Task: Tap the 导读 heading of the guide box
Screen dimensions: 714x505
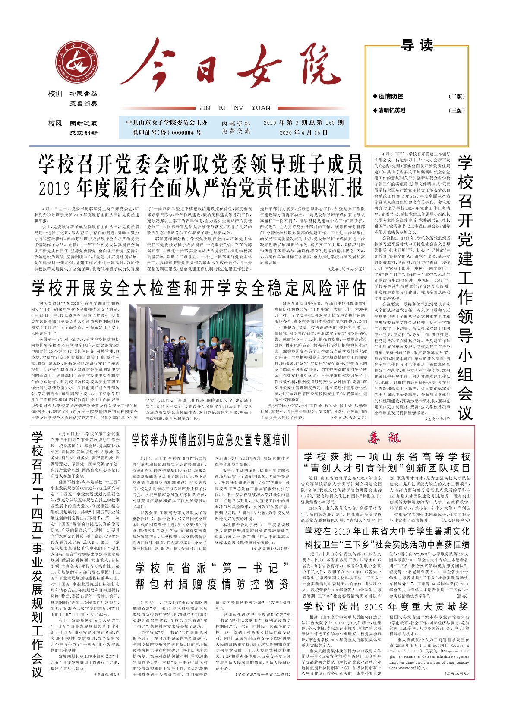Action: pos(417,45)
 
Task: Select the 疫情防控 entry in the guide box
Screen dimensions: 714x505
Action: pos(391,96)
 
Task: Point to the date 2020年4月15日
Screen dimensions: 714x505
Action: pos(303,133)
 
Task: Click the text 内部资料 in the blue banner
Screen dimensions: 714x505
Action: pos(236,123)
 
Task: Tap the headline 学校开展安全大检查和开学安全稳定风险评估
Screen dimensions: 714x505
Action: pos(199,288)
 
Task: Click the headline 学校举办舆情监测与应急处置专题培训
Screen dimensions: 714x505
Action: pos(211,440)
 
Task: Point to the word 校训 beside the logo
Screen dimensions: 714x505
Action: pos(55,94)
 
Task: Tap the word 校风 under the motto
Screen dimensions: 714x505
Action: pos(55,123)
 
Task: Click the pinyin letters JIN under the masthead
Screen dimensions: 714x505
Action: pos(205,108)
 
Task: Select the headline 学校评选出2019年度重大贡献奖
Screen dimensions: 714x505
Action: pos(385,607)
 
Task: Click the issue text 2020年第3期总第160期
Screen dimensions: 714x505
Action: pos(303,123)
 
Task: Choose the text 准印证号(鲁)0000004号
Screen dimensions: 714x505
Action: pos(167,133)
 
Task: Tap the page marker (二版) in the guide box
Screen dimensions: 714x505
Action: pos(457,96)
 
